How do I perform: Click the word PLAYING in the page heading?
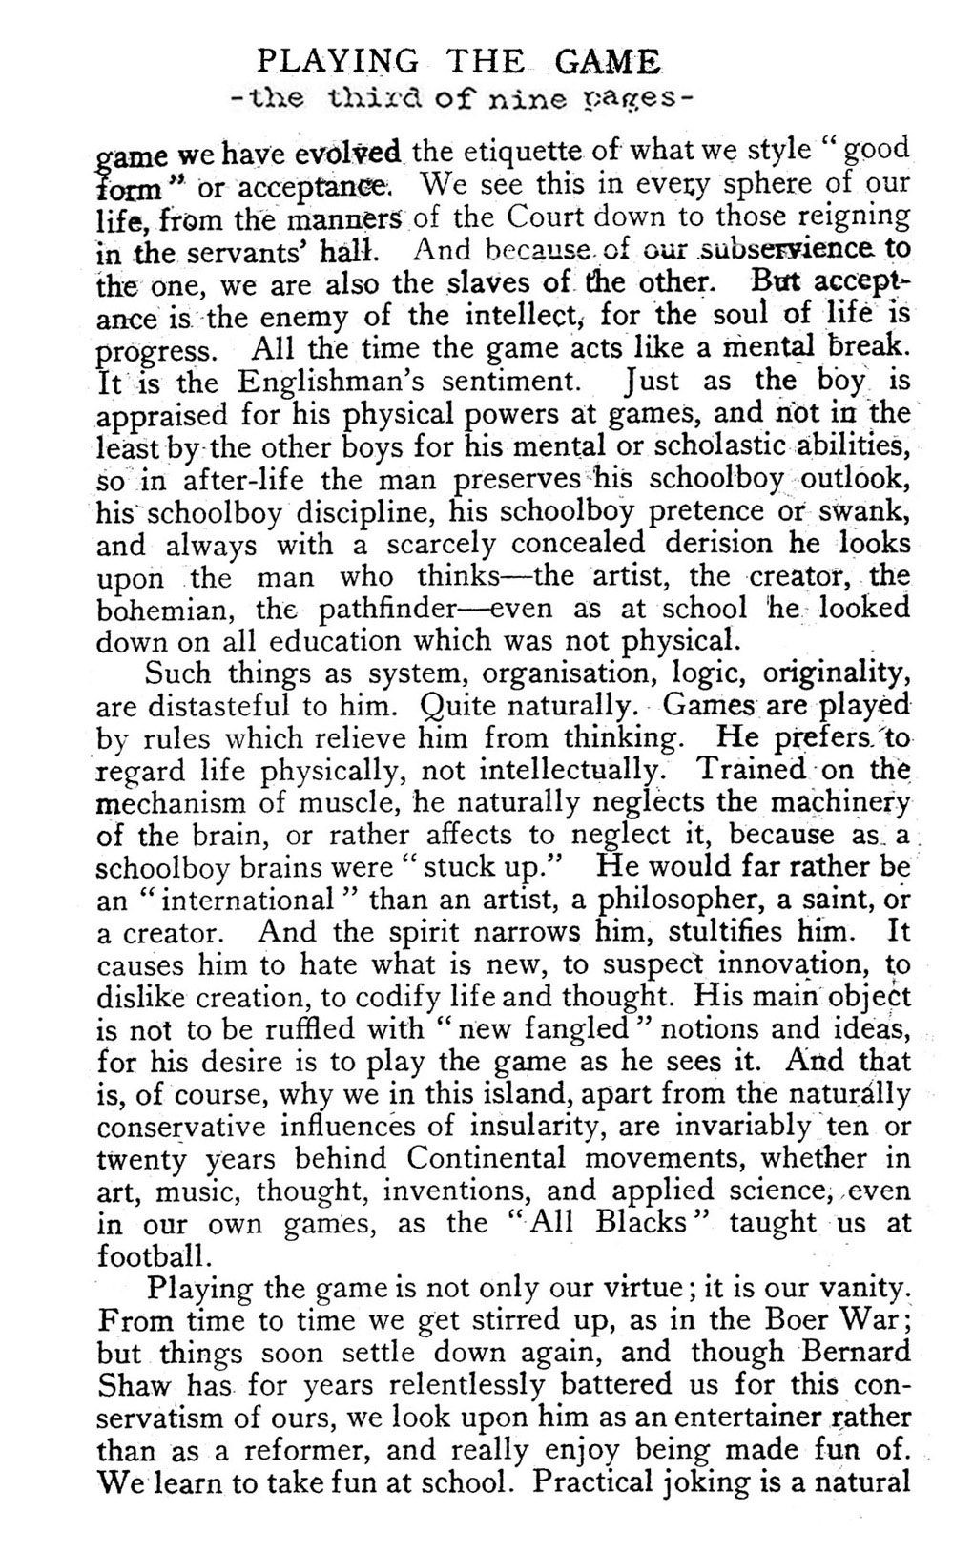(338, 63)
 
